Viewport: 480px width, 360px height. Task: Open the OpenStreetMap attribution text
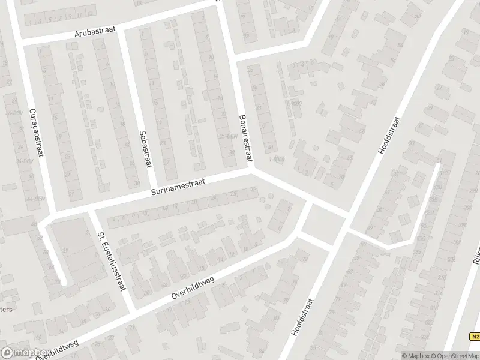[454, 355]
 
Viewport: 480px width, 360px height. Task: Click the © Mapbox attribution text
[415, 355]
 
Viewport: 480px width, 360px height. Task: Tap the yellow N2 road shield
[474, 337]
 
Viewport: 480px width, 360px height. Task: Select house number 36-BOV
[24, 161]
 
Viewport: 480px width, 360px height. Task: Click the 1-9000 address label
[277, 159]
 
